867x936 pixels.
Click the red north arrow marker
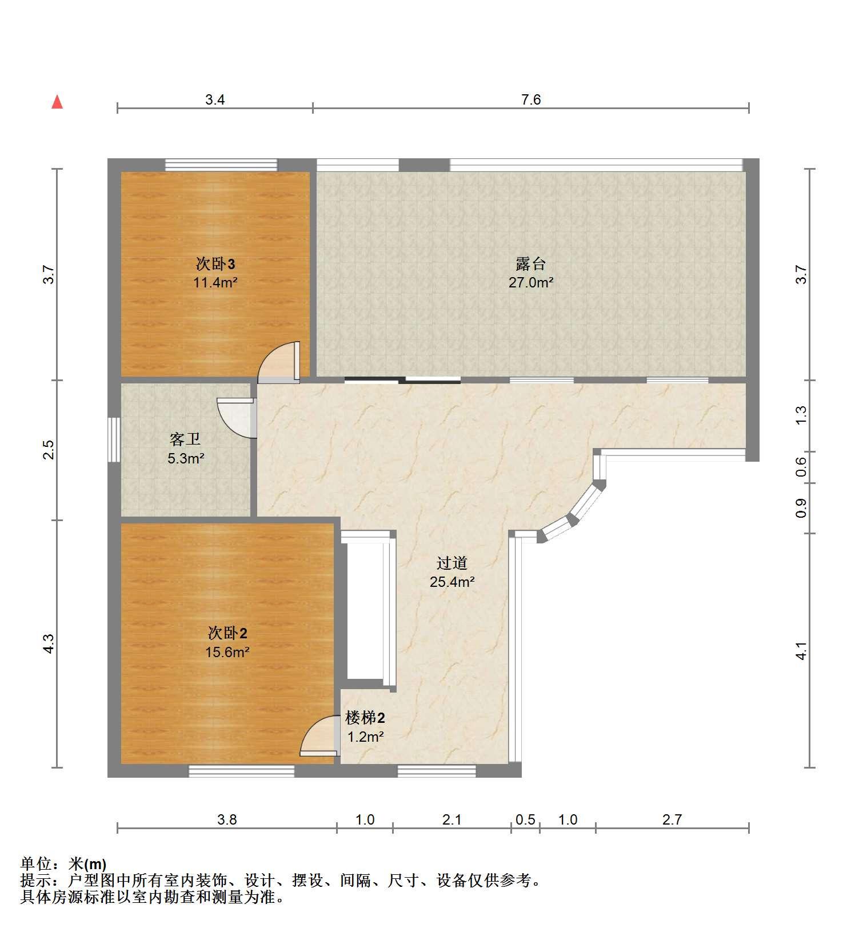[57, 102]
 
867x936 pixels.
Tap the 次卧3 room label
[215, 264]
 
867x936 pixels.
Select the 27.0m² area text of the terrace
[531, 282]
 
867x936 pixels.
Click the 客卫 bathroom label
[185, 439]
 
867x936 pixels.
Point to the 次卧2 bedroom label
[227, 633]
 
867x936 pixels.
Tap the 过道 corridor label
[452, 563]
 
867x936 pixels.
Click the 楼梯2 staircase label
[365, 718]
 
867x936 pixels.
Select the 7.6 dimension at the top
[531, 100]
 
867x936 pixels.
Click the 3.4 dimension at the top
[215, 100]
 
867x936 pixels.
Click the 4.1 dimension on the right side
[801, 651]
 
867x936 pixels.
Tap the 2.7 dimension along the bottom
[672, 819]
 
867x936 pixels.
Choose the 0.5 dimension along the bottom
[525, 819]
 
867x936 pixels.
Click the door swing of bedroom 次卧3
[279, 362]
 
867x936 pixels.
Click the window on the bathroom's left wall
[114, 439]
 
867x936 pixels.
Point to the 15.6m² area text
[227, 652]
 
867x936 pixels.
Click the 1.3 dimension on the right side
[801, 415]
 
